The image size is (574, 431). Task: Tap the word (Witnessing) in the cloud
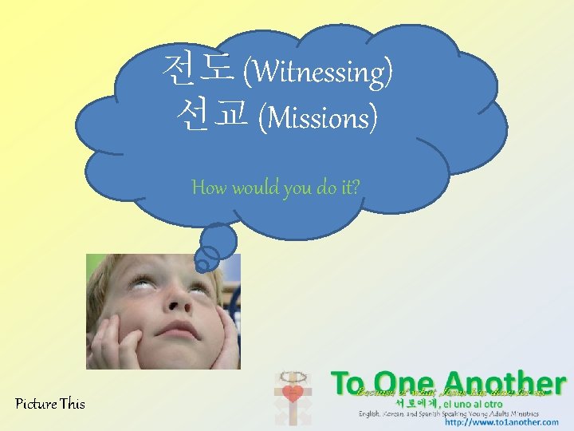pos(317,73)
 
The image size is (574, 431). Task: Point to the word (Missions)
pos(319,119)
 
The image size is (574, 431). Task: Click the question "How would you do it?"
pos(276,188)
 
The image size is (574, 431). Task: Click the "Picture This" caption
pos(50,404)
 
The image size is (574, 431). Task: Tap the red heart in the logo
pos(292,393)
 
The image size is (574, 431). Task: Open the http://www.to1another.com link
pos(502,423)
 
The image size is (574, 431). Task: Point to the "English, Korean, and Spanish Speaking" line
pos(423,413)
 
